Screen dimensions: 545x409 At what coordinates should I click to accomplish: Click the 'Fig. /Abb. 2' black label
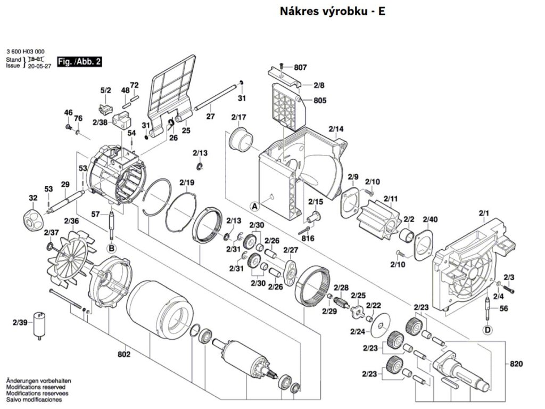(x=79, y=62)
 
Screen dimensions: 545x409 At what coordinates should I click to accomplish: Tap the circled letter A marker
(x=255, y=206)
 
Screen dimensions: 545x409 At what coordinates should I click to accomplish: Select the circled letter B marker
(x=112, y=248)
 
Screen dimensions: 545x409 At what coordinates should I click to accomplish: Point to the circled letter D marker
(x=488, y=329)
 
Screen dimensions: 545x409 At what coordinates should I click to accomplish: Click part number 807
(x=300, y=67)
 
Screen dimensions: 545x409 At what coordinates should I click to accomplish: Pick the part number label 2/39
(x=20, y=322)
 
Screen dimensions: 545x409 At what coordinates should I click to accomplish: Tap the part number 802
(x=123, y=354)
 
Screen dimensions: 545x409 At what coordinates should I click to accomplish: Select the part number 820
(x=516, y=364)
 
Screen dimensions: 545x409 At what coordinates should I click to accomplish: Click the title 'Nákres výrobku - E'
(x=333, y=11)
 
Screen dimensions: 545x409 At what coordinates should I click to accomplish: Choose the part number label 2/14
(x=336, y=129)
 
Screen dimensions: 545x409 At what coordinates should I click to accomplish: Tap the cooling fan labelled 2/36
(x=71, y=259)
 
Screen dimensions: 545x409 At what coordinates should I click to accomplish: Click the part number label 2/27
(x=291, y=250)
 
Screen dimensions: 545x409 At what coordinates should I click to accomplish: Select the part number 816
(x=308, y=238)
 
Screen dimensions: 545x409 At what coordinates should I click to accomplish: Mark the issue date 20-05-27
(x=39, y=66)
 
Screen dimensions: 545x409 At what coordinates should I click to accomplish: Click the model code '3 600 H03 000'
(x=26, y=52)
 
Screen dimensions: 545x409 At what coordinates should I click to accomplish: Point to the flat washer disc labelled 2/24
(x=381, y=325)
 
